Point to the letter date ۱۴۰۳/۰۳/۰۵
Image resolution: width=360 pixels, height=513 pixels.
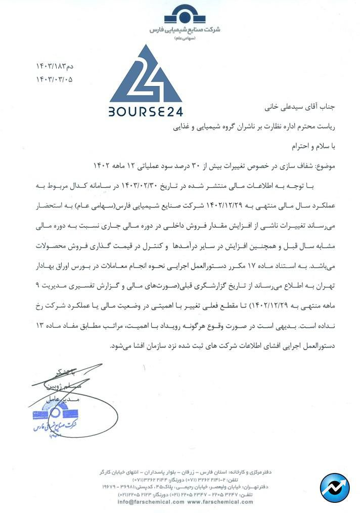click(54, 79)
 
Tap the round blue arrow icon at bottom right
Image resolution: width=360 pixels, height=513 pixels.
click(334, 487)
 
